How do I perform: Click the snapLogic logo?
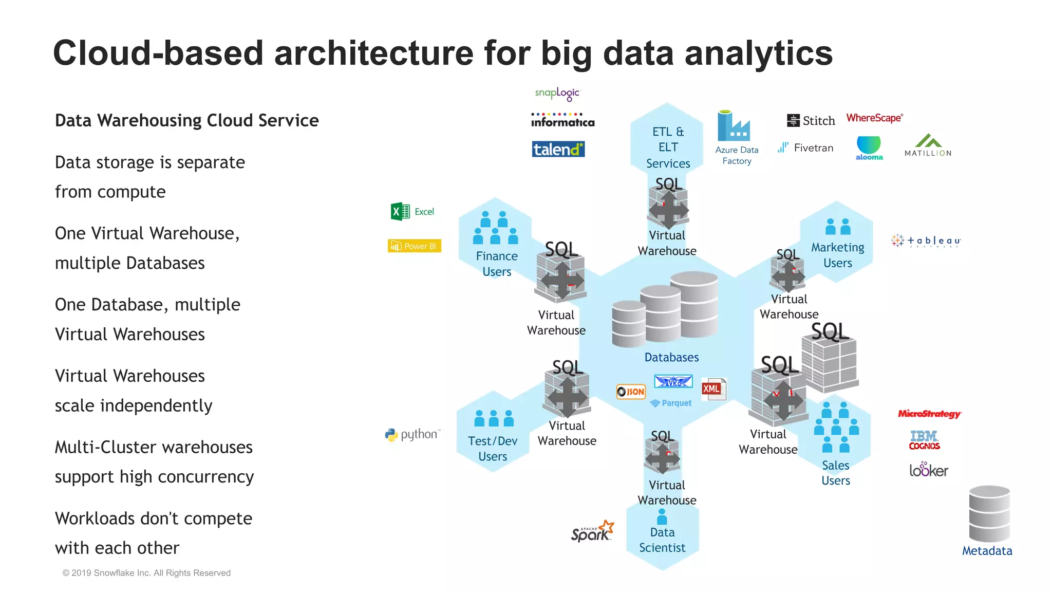tap(557, 94)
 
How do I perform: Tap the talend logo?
tap(558, 149)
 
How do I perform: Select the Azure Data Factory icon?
tap(734, 126)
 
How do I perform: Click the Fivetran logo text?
tap(813, 148)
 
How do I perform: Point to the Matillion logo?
tap(928, 145)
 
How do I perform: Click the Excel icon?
tap(400, 212)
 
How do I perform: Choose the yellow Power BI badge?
tap(414, 246)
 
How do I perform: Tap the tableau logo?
tap(926, 240)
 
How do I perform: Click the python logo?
tap(412, 435)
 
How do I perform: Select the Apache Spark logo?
tap(592, 531)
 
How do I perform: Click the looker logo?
tap(928, 470)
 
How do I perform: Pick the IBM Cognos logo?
tap(924, 440)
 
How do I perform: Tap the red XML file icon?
tap(713, 389)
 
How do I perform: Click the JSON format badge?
tap(631, 392)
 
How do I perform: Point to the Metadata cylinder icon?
tap(989, 513)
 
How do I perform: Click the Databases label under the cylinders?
tap(671, 357)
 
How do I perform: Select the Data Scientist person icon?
tap(662, 516)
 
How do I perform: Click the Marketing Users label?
tap(837, 255)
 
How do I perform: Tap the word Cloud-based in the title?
tap(158, 53)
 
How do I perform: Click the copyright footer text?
tap(146, 573)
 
